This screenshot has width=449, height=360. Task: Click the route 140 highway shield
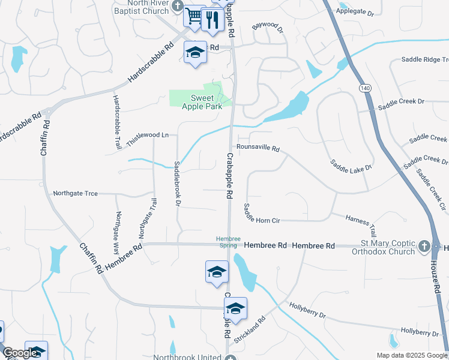click(365, 88)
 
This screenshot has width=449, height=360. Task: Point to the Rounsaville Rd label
click(258, 148)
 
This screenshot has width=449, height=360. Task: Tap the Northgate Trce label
click(75, 193)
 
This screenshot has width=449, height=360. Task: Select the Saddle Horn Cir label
click(262, 215)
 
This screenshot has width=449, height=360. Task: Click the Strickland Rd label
click(249, 331)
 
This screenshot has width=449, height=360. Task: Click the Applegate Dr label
click(355, 11)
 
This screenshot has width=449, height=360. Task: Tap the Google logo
click(20, 353)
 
